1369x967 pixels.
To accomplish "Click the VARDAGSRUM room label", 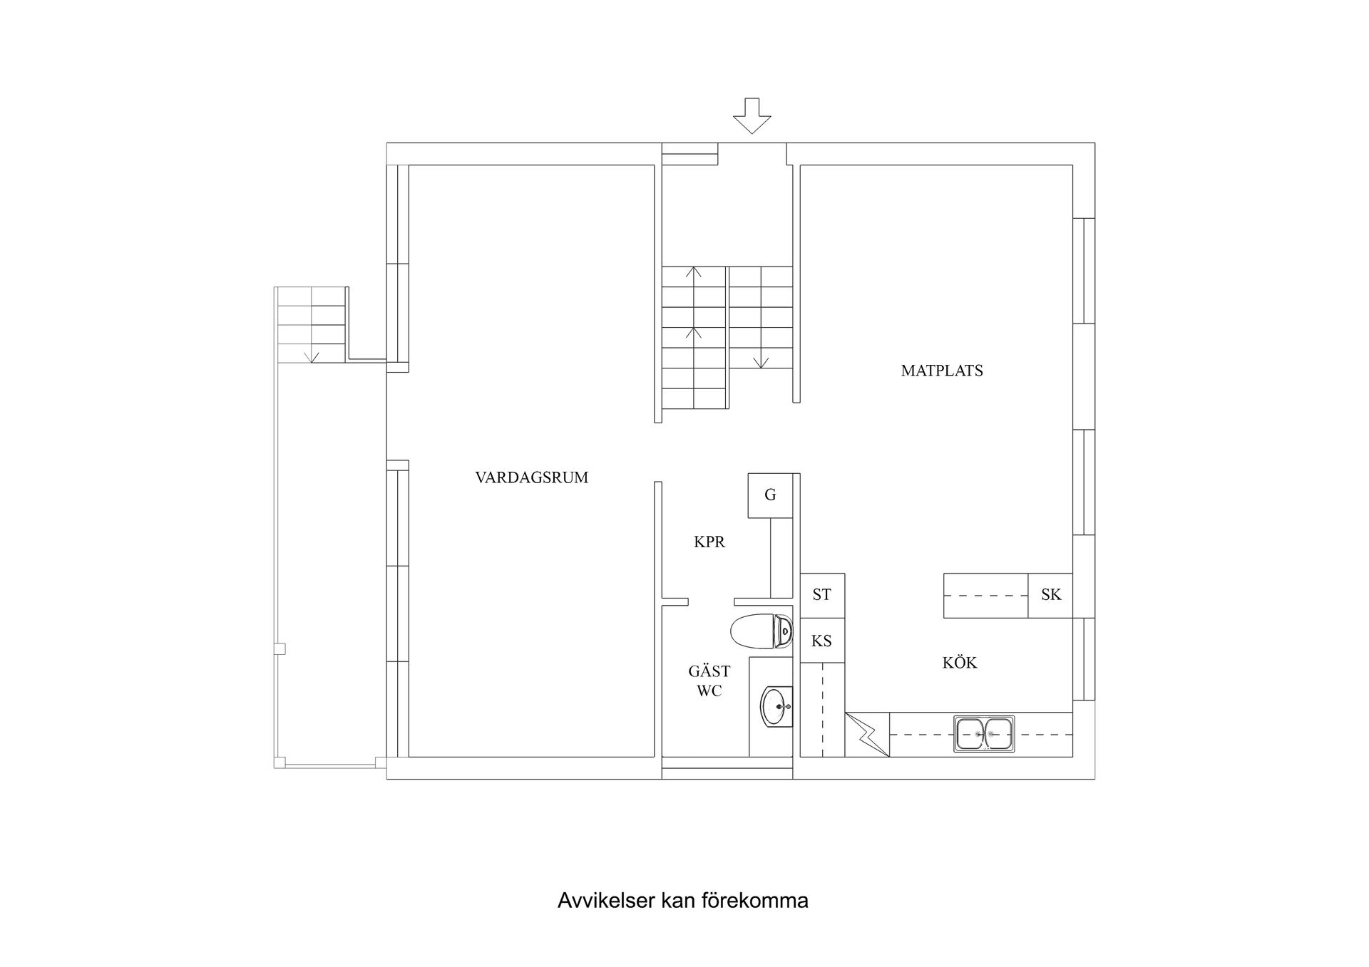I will pyautogui.click(x=532, y=477).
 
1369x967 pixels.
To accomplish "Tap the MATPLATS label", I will pyautogui.click(x=942, y=371).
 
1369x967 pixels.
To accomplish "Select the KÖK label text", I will pyautogui.click(x=960, y=663).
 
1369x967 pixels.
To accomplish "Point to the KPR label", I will pyautogui.click(x=709, y=542).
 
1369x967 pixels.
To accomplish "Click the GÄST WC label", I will pyautogui.click(x=709, y=681).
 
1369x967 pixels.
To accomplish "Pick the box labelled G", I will pyautogui.click(x=770, y=495).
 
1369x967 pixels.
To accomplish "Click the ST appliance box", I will pyautogui.click(x=822, y=595).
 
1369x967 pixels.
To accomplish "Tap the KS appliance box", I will pyautogui.click(x=822, y=641).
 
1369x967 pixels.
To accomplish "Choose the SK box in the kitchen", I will pyautogui.click(x=1051, y=595).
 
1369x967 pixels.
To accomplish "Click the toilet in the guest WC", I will pyautogui.click(x=761, y=631).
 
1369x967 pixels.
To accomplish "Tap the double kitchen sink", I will pyautogui.click(x=984, y=734).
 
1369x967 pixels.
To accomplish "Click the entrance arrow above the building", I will pyautogui.click(x=752, y=116).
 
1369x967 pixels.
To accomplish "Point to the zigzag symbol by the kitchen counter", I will pyautogui.click(x=867, y=735).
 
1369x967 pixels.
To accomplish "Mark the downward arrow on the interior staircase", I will pyautogui.click(x=761, y=361).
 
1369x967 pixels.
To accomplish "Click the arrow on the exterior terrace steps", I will pyautogui.click(x=311, y=356).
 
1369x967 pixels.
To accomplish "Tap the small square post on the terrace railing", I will pyautogui.click(x=280, y=648).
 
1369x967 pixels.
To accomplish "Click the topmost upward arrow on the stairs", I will pyautogui.click(x=693, y=272).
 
